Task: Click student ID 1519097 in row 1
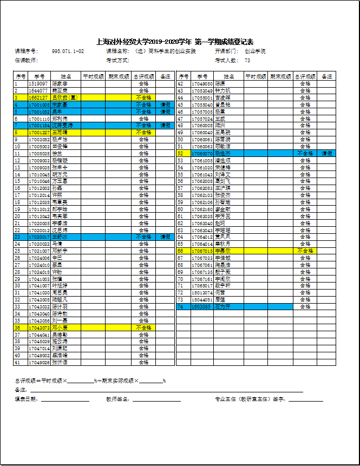coord(38,84)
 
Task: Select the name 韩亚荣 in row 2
coord(60,91)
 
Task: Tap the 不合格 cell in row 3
coord(143,98)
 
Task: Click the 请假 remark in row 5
coord(165,111)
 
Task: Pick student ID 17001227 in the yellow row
coord(39,132)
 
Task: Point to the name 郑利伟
coord(60,119)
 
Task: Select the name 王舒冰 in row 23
coord(60,237)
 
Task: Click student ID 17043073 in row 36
coord(39,327)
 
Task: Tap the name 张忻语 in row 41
coord(60,362)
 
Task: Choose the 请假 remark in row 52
coord(327,154)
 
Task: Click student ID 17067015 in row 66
coord(202,251)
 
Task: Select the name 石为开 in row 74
coord(223,306)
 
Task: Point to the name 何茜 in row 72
coord(220,292)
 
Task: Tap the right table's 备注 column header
coord(327,77)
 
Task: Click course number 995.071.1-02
coord(68,51)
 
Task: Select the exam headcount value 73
coord(247,61)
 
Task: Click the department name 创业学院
coord(255,51)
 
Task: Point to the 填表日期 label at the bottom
coord(26,399)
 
